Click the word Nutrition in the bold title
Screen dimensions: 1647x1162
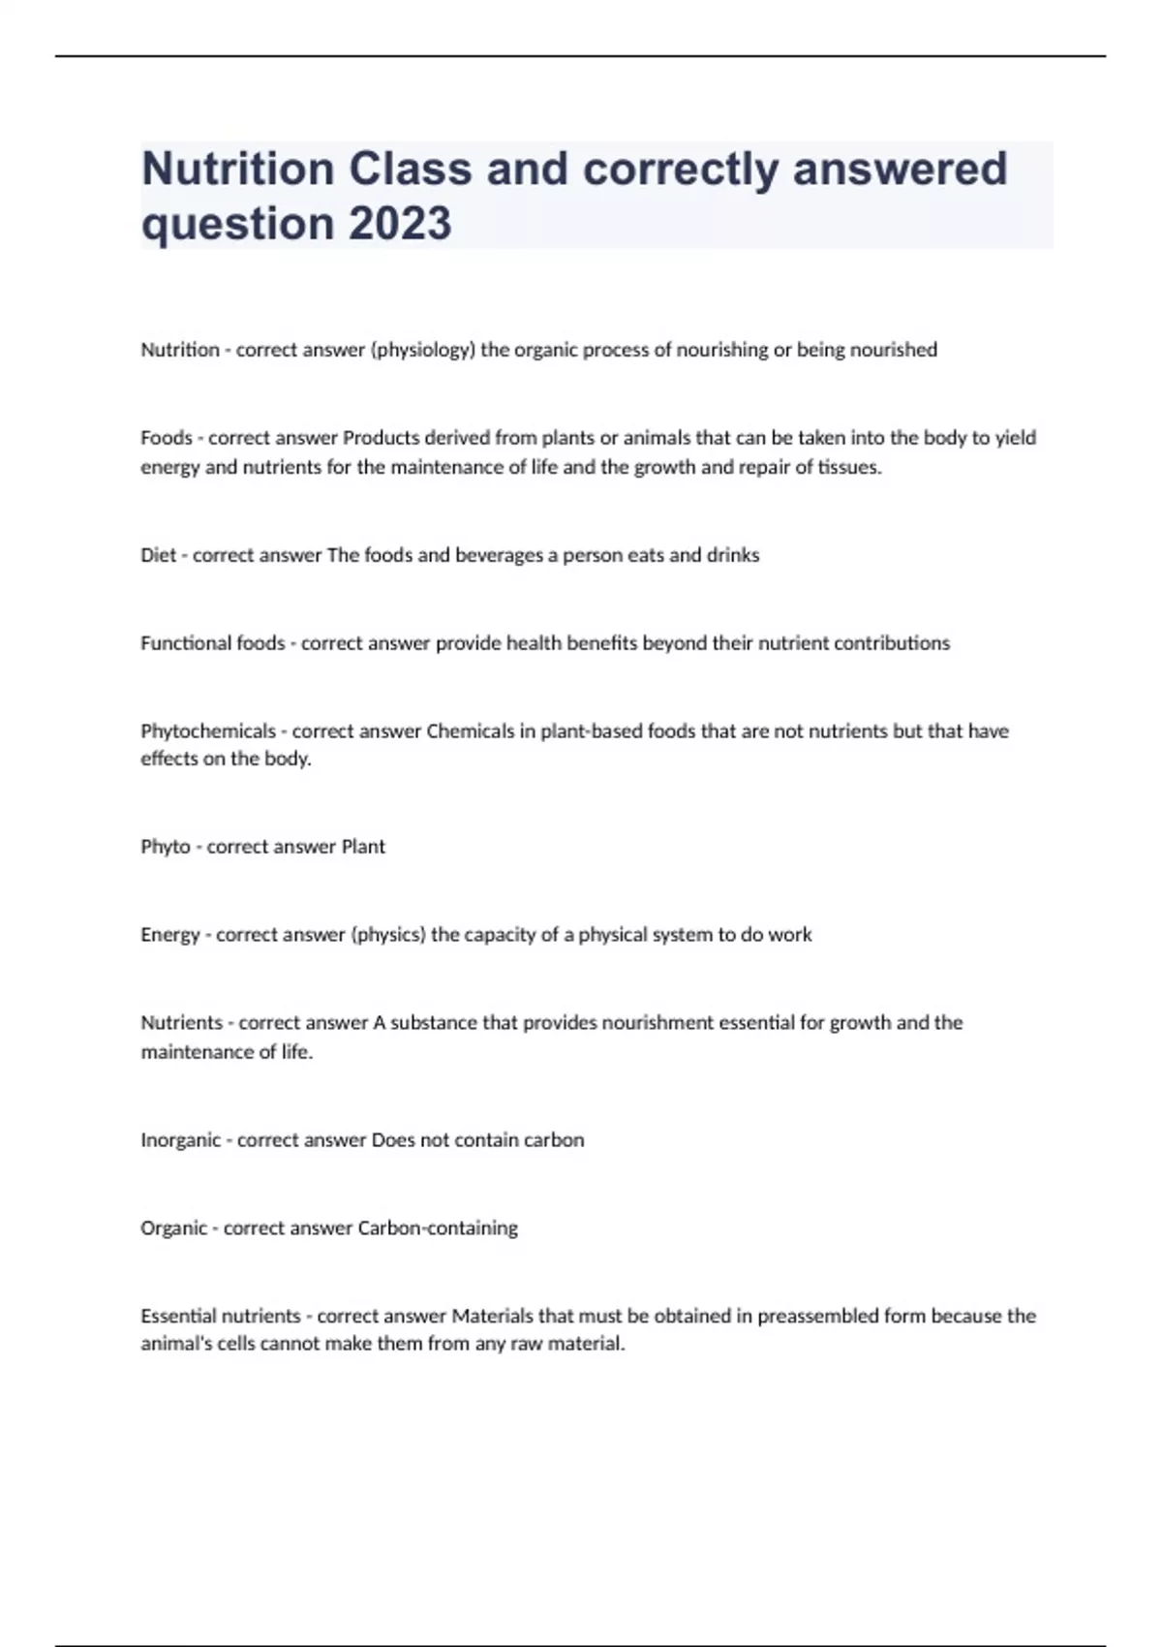pos(238,169)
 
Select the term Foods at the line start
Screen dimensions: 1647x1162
pos(167,438)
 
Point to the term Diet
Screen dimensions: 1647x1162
pos(159,555)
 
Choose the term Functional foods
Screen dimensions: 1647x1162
pos(213,643)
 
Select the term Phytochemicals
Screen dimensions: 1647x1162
pos(208,731)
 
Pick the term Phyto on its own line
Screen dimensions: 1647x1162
pos(166,847)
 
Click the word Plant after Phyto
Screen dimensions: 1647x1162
pos(363,847)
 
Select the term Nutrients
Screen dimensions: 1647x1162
pos(182,1023)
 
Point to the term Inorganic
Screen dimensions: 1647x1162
pos(181,1140)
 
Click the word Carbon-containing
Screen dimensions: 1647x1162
pos(438,1228)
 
